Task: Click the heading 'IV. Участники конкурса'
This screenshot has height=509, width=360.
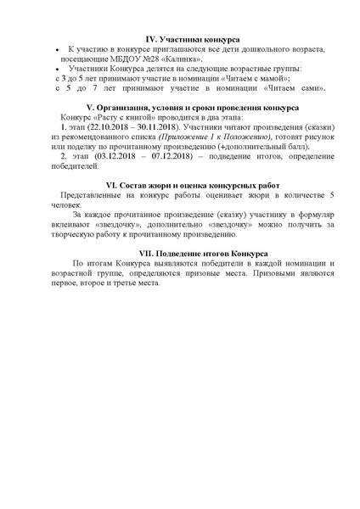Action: [x=193, y=40]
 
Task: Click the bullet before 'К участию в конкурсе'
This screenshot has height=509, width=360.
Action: [x=55, y=51]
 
